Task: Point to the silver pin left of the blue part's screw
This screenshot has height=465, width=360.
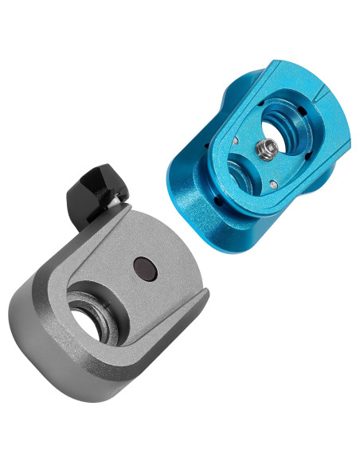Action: pos(236,141)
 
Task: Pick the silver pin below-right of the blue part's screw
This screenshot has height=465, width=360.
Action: pos(273,184)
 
